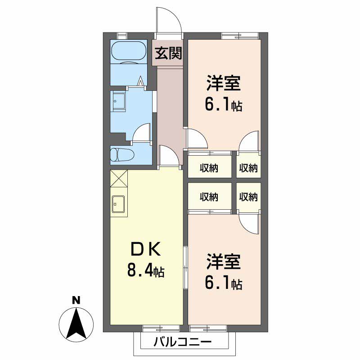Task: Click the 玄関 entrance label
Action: [x=169, y=54]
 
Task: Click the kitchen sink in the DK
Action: [x=119, y=204]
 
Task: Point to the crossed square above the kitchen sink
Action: [x=119, y=178]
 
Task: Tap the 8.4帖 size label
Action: [x=145, y=271]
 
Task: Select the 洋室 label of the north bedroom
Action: [x=223, y=84]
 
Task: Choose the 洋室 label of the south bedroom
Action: [x=223, y=261]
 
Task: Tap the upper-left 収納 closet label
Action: [x=209, y=168]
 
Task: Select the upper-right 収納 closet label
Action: [x=248, y=168]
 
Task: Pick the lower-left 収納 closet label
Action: [x=209, y=197]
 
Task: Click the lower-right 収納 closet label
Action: [x=248, y=197]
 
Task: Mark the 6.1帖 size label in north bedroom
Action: [x=223, y=105]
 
